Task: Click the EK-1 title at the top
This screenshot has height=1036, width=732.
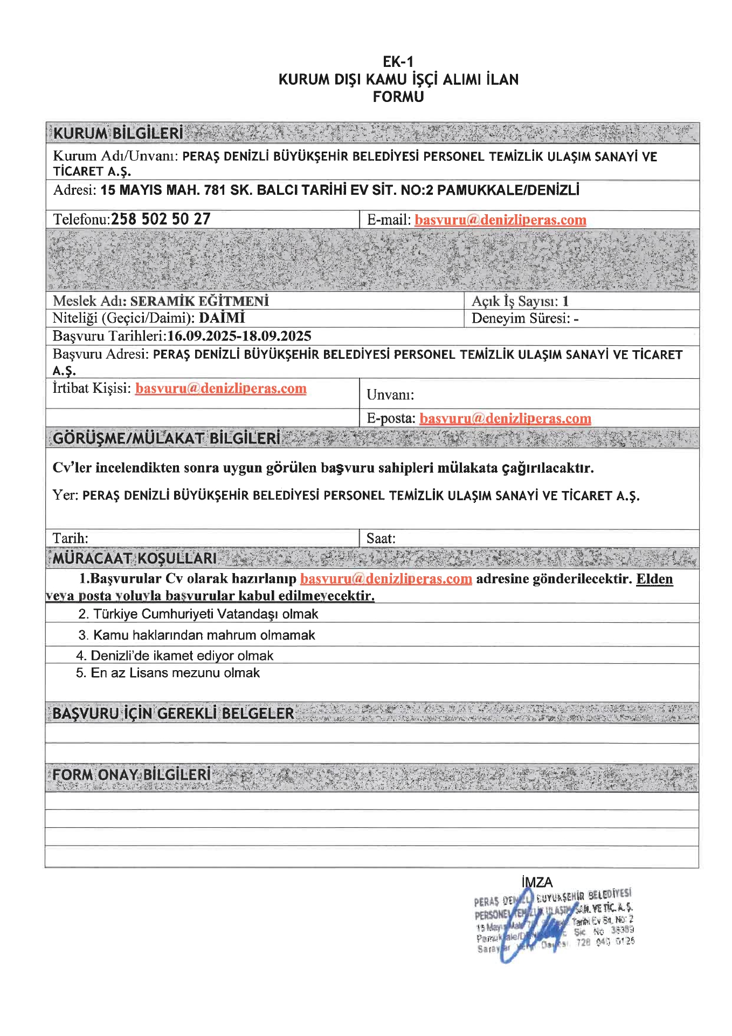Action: pos(398,62)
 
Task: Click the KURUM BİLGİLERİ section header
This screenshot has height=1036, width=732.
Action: pos(118,133)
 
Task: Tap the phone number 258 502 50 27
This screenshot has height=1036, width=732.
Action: pos(161,219)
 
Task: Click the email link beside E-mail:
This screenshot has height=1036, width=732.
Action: pos(500,220)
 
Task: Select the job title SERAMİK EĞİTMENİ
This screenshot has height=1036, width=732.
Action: pos(199,301)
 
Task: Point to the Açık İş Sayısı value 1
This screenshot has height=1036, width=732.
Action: pos(565,301)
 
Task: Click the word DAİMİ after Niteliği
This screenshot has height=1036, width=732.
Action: pos(222,318)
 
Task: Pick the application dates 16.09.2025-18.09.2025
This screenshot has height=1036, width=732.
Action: pos(239,336)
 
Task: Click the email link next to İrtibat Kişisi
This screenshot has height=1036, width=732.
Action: pos(220,388)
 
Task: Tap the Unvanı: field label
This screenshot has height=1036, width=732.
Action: pos(390,395)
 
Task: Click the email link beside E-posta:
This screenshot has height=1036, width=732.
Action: pos(505,419)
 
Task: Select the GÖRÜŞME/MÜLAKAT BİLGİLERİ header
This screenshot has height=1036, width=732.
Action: pos(167,438)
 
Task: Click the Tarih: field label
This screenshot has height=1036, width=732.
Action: pos(71,538)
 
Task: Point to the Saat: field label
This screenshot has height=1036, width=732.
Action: pos(381,538)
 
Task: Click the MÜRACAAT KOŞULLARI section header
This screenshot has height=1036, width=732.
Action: pos(135,558)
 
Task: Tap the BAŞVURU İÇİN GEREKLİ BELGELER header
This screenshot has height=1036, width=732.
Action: pos(173,713)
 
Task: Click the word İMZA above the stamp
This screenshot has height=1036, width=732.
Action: pos(537,882)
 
